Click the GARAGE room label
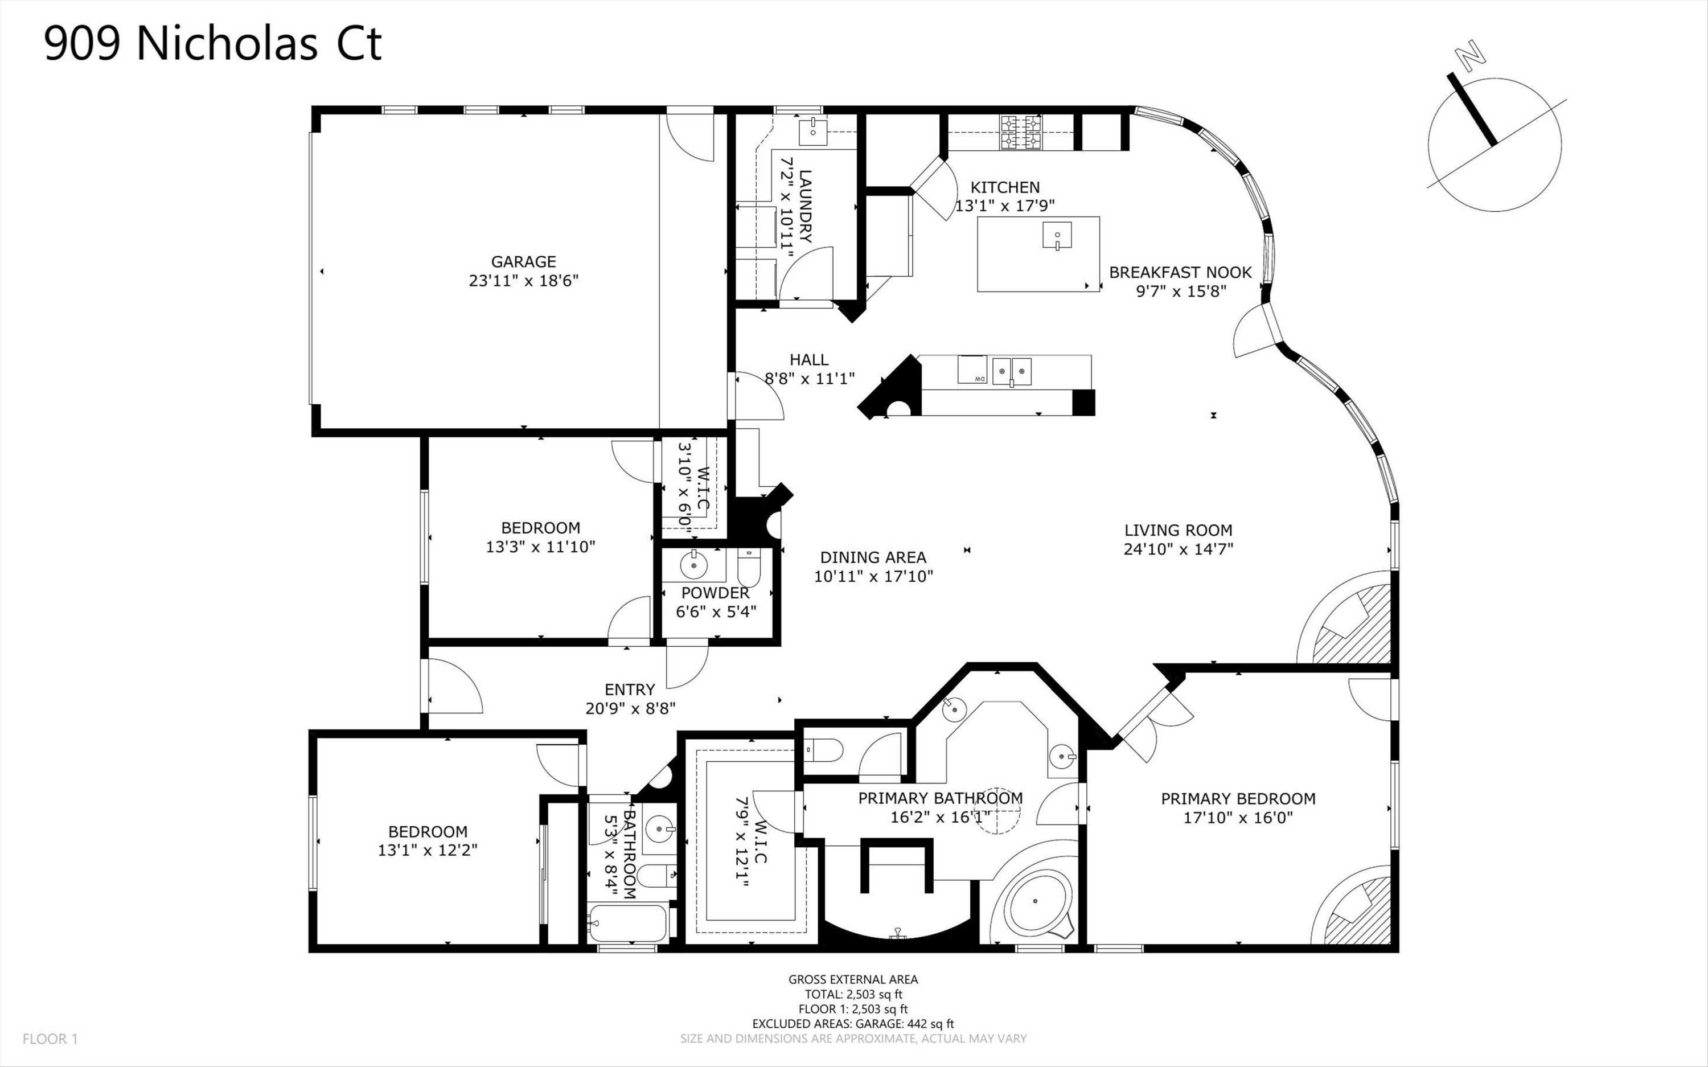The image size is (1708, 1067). tap(523, 262)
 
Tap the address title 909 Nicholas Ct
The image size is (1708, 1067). tap(213, 43)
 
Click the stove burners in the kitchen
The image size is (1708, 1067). tap(1021, 133)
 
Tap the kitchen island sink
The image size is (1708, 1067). tap(1057, 236)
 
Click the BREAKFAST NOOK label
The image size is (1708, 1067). tap(1180, 272)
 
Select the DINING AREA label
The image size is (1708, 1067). tap(873, 557)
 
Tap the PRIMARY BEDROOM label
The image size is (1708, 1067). tap(1238, 799)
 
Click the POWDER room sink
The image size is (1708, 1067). tap(693, 564)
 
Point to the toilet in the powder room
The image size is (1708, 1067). tap(749, 567)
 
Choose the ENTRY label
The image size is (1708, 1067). tap(630, 690)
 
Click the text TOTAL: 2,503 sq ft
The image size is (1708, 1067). tap(853, 994)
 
